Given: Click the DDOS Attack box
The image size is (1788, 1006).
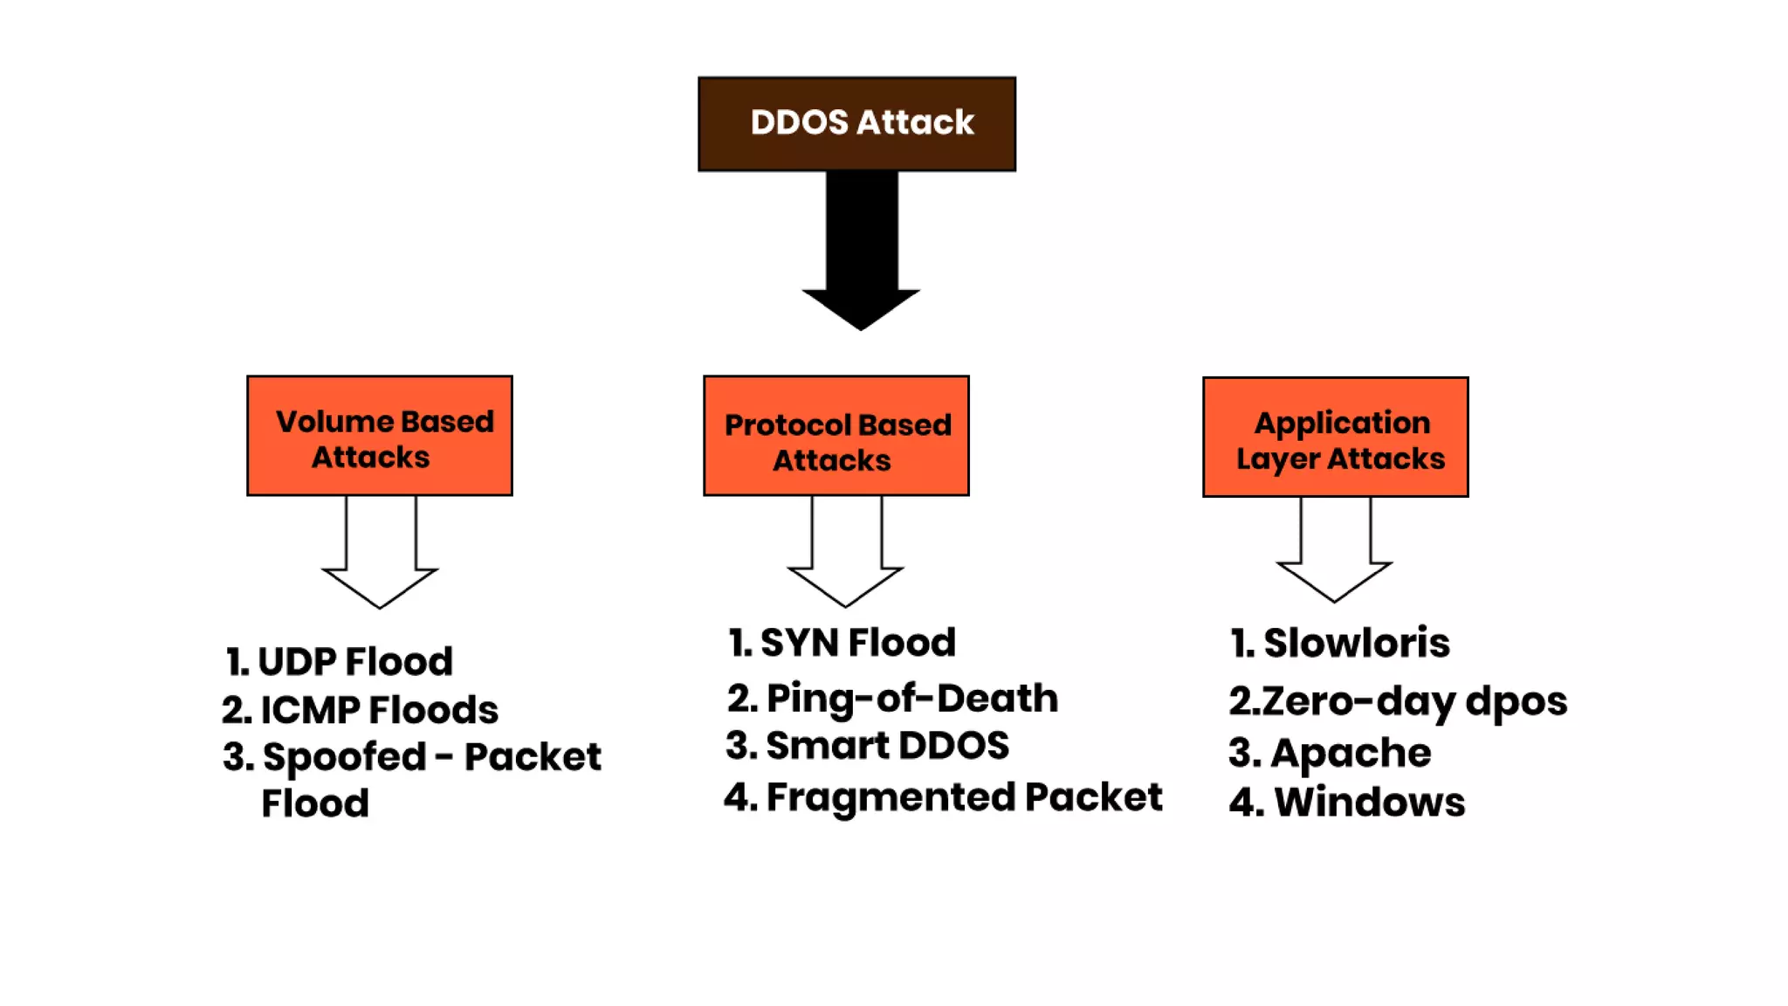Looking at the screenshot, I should [856, 123].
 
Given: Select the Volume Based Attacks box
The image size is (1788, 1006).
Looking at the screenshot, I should [380, 437].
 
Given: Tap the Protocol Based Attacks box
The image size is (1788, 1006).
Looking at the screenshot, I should [836, 437].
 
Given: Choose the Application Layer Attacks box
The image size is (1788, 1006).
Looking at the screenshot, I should [1335, 438].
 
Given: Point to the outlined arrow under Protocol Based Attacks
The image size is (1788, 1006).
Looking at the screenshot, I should [846, 555].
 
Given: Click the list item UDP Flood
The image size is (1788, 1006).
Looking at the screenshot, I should [340, 662].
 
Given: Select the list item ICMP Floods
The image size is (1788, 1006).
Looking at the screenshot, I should [360, 710].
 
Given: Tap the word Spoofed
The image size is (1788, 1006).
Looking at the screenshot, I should [344, 757].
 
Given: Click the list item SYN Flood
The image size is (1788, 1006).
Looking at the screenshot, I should [842, 643].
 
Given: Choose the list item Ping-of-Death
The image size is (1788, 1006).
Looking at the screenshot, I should [892, 699].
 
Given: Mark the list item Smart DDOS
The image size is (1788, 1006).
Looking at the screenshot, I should [868, 746].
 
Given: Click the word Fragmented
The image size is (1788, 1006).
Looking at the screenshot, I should [891, 797].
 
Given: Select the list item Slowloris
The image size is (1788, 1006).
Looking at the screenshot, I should [1340, 644].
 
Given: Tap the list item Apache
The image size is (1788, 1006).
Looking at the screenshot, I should [1331, 753].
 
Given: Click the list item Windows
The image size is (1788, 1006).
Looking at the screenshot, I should [1347, 803].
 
